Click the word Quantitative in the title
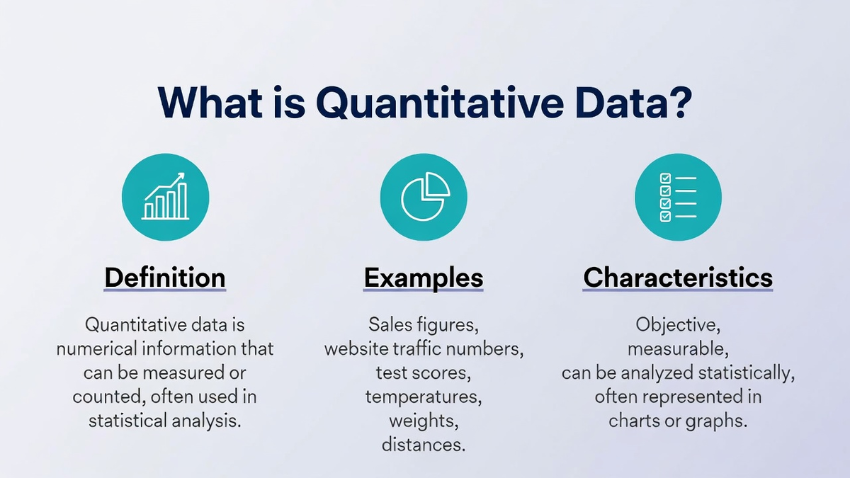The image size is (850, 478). [440, 103]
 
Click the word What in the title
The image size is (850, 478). [210, 103]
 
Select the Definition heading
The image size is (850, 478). [165, 278]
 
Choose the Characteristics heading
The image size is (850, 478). [678, 278]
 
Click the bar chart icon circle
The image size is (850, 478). [166, 197]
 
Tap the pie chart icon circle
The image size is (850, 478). [424, 197]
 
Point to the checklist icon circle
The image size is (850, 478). [678, 197]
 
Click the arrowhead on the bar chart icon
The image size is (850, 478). [181, 176]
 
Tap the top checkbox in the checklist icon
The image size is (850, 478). [666, 178]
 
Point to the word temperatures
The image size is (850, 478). [424, 397]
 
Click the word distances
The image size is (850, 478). [424, 445]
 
